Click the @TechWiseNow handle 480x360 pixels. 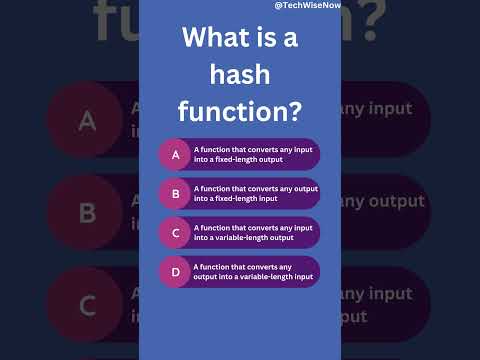[x=308, y=6]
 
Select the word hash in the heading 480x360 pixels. [x=239, y=75]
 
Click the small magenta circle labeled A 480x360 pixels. [x=175, y=154]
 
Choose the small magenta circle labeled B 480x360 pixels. [x=175, y=193]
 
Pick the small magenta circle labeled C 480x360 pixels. [x=175, y=232]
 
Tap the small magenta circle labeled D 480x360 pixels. [x=175, y=271]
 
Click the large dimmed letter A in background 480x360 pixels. [x=87, y=121]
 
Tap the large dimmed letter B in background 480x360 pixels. [x=87, y=212]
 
